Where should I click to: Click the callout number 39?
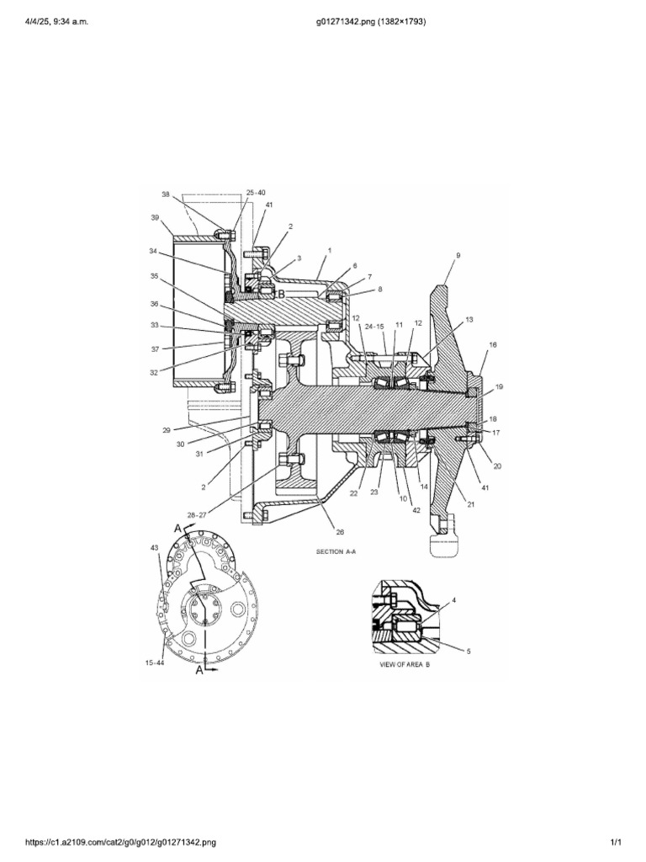[155, 217]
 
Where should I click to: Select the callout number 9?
[458, 255]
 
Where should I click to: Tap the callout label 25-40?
[256, 193]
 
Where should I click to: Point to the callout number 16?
[493, 344]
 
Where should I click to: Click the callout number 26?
[340, 531]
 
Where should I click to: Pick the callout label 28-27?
[196, 515]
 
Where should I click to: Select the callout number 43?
[155, 547]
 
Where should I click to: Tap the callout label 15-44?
[155, 662]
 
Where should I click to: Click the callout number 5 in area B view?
[468, 652]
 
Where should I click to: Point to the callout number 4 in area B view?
[453, 600]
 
